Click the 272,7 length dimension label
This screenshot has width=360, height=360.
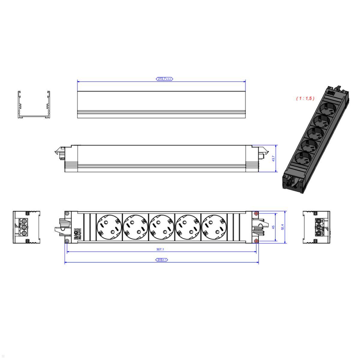pos(164,79)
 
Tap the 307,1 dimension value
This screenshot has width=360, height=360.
pos(160,249)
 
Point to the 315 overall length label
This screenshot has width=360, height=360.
pos(162,260)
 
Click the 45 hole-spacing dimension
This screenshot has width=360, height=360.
pos(273,227)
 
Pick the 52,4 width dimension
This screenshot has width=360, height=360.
pos(282,227)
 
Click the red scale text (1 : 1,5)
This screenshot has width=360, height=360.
pos(305,98)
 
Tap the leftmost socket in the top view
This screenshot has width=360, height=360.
pos(109,227)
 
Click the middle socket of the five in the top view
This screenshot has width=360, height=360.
pos(161,227)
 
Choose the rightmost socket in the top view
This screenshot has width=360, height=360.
pos(213,227)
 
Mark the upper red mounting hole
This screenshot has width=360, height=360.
pos(256,213)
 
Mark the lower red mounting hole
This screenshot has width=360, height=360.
pos(256,241)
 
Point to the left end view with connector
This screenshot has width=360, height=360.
pos(26,227)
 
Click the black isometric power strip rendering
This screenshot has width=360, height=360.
pos(316,138)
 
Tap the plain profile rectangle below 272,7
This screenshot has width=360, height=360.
pos(161,104)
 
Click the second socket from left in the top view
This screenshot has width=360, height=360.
pos(135,227)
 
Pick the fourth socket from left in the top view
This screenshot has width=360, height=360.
pos(187,227)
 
